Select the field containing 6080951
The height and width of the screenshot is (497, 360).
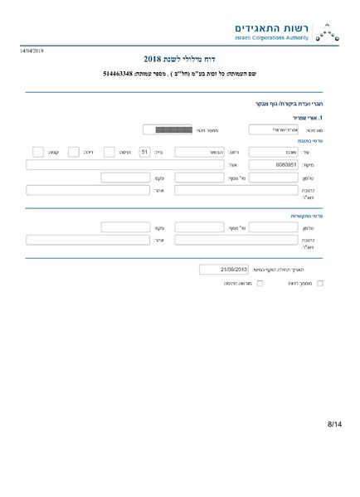tap(273, 164)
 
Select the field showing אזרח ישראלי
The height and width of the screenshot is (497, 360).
tap(273, 129)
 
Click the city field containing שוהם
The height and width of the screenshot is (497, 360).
tap(273, 152)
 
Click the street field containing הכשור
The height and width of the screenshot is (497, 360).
tap(194, 152)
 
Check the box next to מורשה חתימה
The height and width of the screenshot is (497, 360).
tap(260, 284)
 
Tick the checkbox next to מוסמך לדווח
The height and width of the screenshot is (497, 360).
tap(320, 284)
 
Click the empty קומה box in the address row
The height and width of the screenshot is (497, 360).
tap(37, 152)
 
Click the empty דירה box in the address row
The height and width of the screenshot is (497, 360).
tap(73, 152)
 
